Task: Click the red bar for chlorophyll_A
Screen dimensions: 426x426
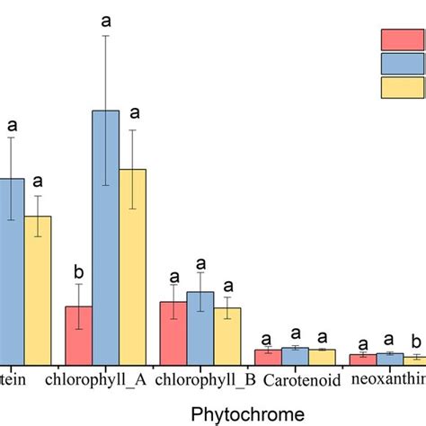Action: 78,334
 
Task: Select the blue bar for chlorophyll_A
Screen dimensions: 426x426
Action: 105,237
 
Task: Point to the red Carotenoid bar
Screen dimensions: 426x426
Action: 268,357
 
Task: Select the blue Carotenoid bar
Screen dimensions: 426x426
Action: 295,356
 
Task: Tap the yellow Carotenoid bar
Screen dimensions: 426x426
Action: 322,357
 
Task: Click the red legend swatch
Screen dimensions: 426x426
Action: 396,40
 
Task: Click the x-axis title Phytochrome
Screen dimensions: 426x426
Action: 246,413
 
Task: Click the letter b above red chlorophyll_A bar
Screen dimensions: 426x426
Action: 78,272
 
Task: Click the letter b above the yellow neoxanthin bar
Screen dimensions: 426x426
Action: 414,342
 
